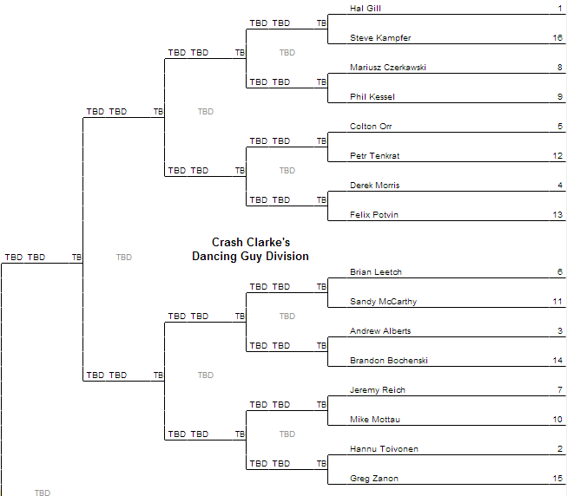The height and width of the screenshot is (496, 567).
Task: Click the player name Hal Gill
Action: (365, 9)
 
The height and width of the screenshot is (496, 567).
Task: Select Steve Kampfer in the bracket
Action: (380, 38)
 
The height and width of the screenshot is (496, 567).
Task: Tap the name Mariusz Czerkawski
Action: (387, 68)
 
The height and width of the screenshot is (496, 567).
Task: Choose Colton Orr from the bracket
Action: (371, 127)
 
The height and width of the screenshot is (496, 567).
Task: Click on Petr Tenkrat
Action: (374, 156)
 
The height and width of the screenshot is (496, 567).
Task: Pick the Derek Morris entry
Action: (374, 186)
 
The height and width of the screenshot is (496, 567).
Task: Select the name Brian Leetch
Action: (376, 272)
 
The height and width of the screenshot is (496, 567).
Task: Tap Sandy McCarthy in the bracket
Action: (383, 302)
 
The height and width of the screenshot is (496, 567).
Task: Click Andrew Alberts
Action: (380, 331)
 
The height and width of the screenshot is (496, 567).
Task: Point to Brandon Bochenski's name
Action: (389, 361)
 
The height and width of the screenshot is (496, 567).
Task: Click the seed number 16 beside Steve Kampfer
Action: (557, 38)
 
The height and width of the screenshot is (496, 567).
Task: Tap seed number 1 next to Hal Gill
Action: (559, 9)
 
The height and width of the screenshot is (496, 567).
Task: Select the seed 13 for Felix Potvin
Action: (557, 215)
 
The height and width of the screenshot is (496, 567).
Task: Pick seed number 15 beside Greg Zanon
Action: (557, 479)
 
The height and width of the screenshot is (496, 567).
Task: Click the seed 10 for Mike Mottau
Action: (557, 420)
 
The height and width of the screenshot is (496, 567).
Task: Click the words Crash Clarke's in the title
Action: (251, 243)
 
